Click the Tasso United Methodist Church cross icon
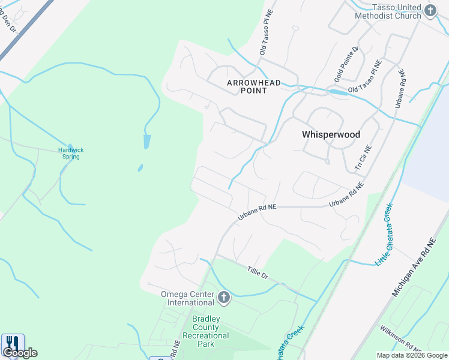430,10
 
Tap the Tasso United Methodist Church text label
396,11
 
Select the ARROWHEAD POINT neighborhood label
254,86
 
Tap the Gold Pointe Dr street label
346,65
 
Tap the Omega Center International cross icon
224,297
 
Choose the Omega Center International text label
187,298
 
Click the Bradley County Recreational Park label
206,331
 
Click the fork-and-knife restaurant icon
13,344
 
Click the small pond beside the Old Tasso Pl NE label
337,92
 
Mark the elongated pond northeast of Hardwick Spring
147,142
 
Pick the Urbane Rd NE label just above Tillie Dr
256,212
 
